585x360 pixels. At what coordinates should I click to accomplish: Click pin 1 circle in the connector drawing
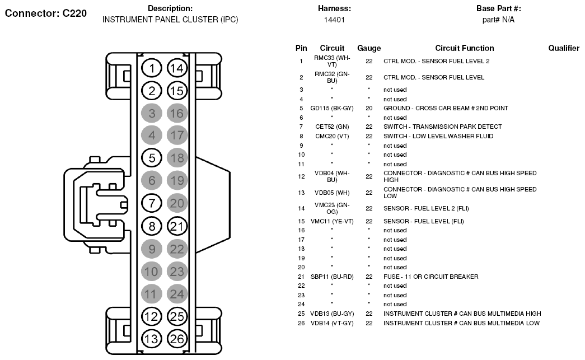[152, 68]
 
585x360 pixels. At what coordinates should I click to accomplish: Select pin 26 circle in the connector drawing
[177, 339]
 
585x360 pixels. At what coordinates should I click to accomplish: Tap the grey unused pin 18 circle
[177, 158]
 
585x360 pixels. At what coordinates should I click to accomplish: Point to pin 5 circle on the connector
[152, 158]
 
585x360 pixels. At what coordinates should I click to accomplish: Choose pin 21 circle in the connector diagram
[177, 226]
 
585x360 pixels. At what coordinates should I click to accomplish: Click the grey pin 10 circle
[152, 271]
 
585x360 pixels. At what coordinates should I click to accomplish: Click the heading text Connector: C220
[45, 13]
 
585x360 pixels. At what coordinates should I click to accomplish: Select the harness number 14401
[334, 20]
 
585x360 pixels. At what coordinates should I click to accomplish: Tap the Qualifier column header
[564, 48]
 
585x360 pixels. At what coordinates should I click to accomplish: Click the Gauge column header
[369, 48]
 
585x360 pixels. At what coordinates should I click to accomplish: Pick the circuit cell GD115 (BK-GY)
[332, 108]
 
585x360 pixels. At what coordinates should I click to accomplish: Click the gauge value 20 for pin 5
[369, 108]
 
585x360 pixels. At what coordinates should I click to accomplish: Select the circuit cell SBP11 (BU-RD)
[332, 277]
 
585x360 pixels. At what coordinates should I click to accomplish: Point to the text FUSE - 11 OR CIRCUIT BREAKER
[431, 277]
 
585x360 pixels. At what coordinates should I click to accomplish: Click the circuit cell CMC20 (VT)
[332, 136]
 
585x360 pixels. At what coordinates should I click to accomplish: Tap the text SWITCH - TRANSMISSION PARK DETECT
[442, 127]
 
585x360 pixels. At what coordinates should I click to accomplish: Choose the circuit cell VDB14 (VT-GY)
[332, 323]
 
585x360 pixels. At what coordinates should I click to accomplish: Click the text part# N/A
[498, 20]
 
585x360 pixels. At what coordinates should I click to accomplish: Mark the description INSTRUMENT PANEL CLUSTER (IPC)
[170, 20]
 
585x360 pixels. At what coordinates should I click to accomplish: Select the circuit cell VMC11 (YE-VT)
[332, 221]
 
